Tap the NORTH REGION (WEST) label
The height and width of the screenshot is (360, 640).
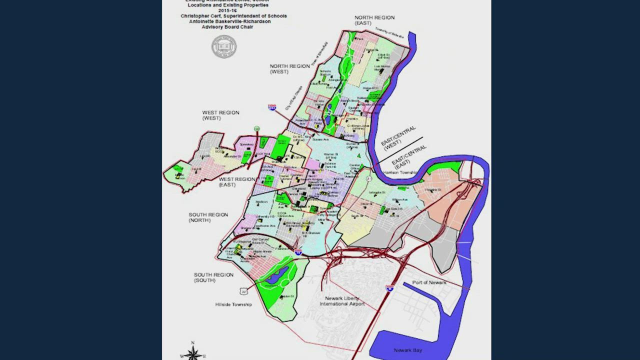pos(290,69)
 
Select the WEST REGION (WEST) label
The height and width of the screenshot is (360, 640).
pos(220,115)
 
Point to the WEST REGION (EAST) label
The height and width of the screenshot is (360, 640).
pos(237,182)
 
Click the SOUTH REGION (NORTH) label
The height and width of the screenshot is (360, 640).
pos(208,217)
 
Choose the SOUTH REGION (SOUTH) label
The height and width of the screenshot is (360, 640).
pos(213,277)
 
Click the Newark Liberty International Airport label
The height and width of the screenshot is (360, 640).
pos(342,301)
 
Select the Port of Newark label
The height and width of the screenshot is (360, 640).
pos(429,283)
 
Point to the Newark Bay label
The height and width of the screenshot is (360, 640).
pos(407,350)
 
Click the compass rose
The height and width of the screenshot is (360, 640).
pos(192,353)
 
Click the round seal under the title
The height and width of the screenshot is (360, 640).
pos(224,47)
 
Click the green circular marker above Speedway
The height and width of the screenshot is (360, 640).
pos(256,129)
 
